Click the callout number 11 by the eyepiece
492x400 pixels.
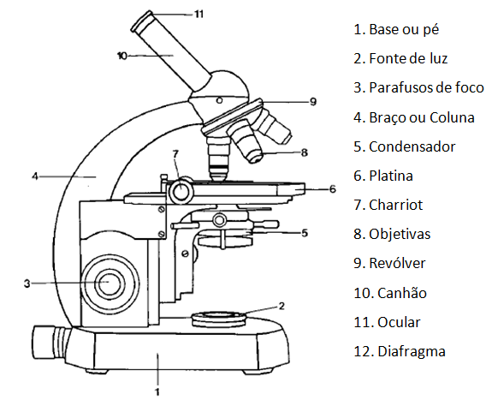pos(199,15)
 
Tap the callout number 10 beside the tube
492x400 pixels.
pos(122,56)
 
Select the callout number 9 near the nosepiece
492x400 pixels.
pos(313,102)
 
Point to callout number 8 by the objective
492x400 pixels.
pos(305,152)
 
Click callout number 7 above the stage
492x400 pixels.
pos(175,153)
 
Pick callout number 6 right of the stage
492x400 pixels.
pos(333,189)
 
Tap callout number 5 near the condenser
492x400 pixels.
pos(305,233)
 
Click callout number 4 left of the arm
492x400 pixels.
pos(35,176)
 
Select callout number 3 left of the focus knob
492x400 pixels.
pos(27,284)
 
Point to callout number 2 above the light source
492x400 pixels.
pos(282,306)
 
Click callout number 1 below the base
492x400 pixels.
pos(157,391)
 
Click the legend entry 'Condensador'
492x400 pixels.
pos(412,146)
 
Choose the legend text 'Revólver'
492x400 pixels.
pos(397,263)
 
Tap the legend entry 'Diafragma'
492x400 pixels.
pos(412,351)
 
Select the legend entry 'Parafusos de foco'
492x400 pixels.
pos(426,87)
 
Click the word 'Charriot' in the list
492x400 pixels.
pos(396,205)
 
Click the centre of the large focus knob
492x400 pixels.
pos(110,284)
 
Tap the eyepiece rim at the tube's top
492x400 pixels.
pos(142,21)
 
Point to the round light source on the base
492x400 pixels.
pos(219,319)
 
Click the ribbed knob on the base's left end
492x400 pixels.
pos(50,342)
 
